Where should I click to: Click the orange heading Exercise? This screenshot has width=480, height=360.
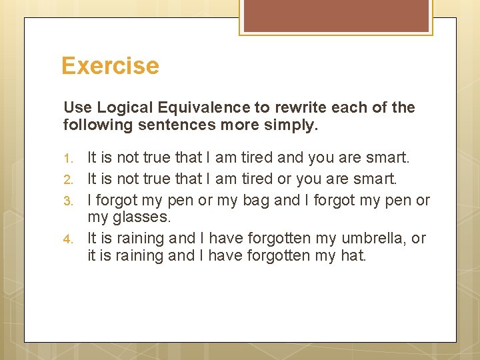(x=110, y=66)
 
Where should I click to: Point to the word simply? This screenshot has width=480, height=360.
(x=297, y=125)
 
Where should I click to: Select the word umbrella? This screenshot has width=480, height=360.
(x=375, y=238)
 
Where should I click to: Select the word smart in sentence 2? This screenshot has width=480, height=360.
(x=373, y=179)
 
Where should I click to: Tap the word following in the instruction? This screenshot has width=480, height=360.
(x=93, y=125)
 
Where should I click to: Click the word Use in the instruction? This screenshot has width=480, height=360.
(x=77, y=107)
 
